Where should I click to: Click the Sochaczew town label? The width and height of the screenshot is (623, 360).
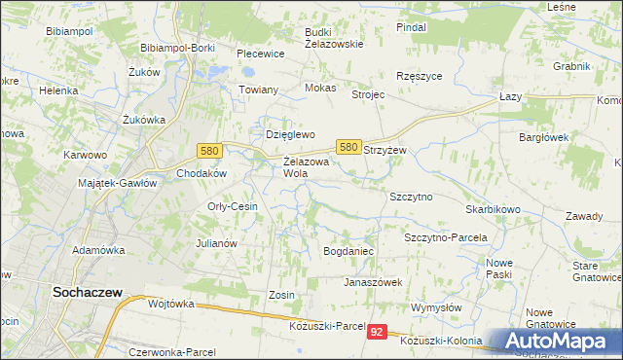tap(87, 290)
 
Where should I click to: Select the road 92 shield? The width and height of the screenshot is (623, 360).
tap(378, 333)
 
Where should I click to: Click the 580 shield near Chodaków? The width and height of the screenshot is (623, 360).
tap(208, 151)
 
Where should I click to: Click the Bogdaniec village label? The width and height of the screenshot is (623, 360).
tap(348, 251)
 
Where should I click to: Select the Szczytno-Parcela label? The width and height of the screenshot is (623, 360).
tap(445, 237)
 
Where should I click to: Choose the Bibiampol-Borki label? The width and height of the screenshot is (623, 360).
tap(179, 48)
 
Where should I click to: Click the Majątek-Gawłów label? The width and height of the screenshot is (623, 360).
tap(118, 183)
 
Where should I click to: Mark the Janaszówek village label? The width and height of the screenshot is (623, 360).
tap(373, 282)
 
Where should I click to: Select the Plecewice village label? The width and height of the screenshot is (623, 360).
tap(260, 54)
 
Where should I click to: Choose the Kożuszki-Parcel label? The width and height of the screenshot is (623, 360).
tap(327, 325)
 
